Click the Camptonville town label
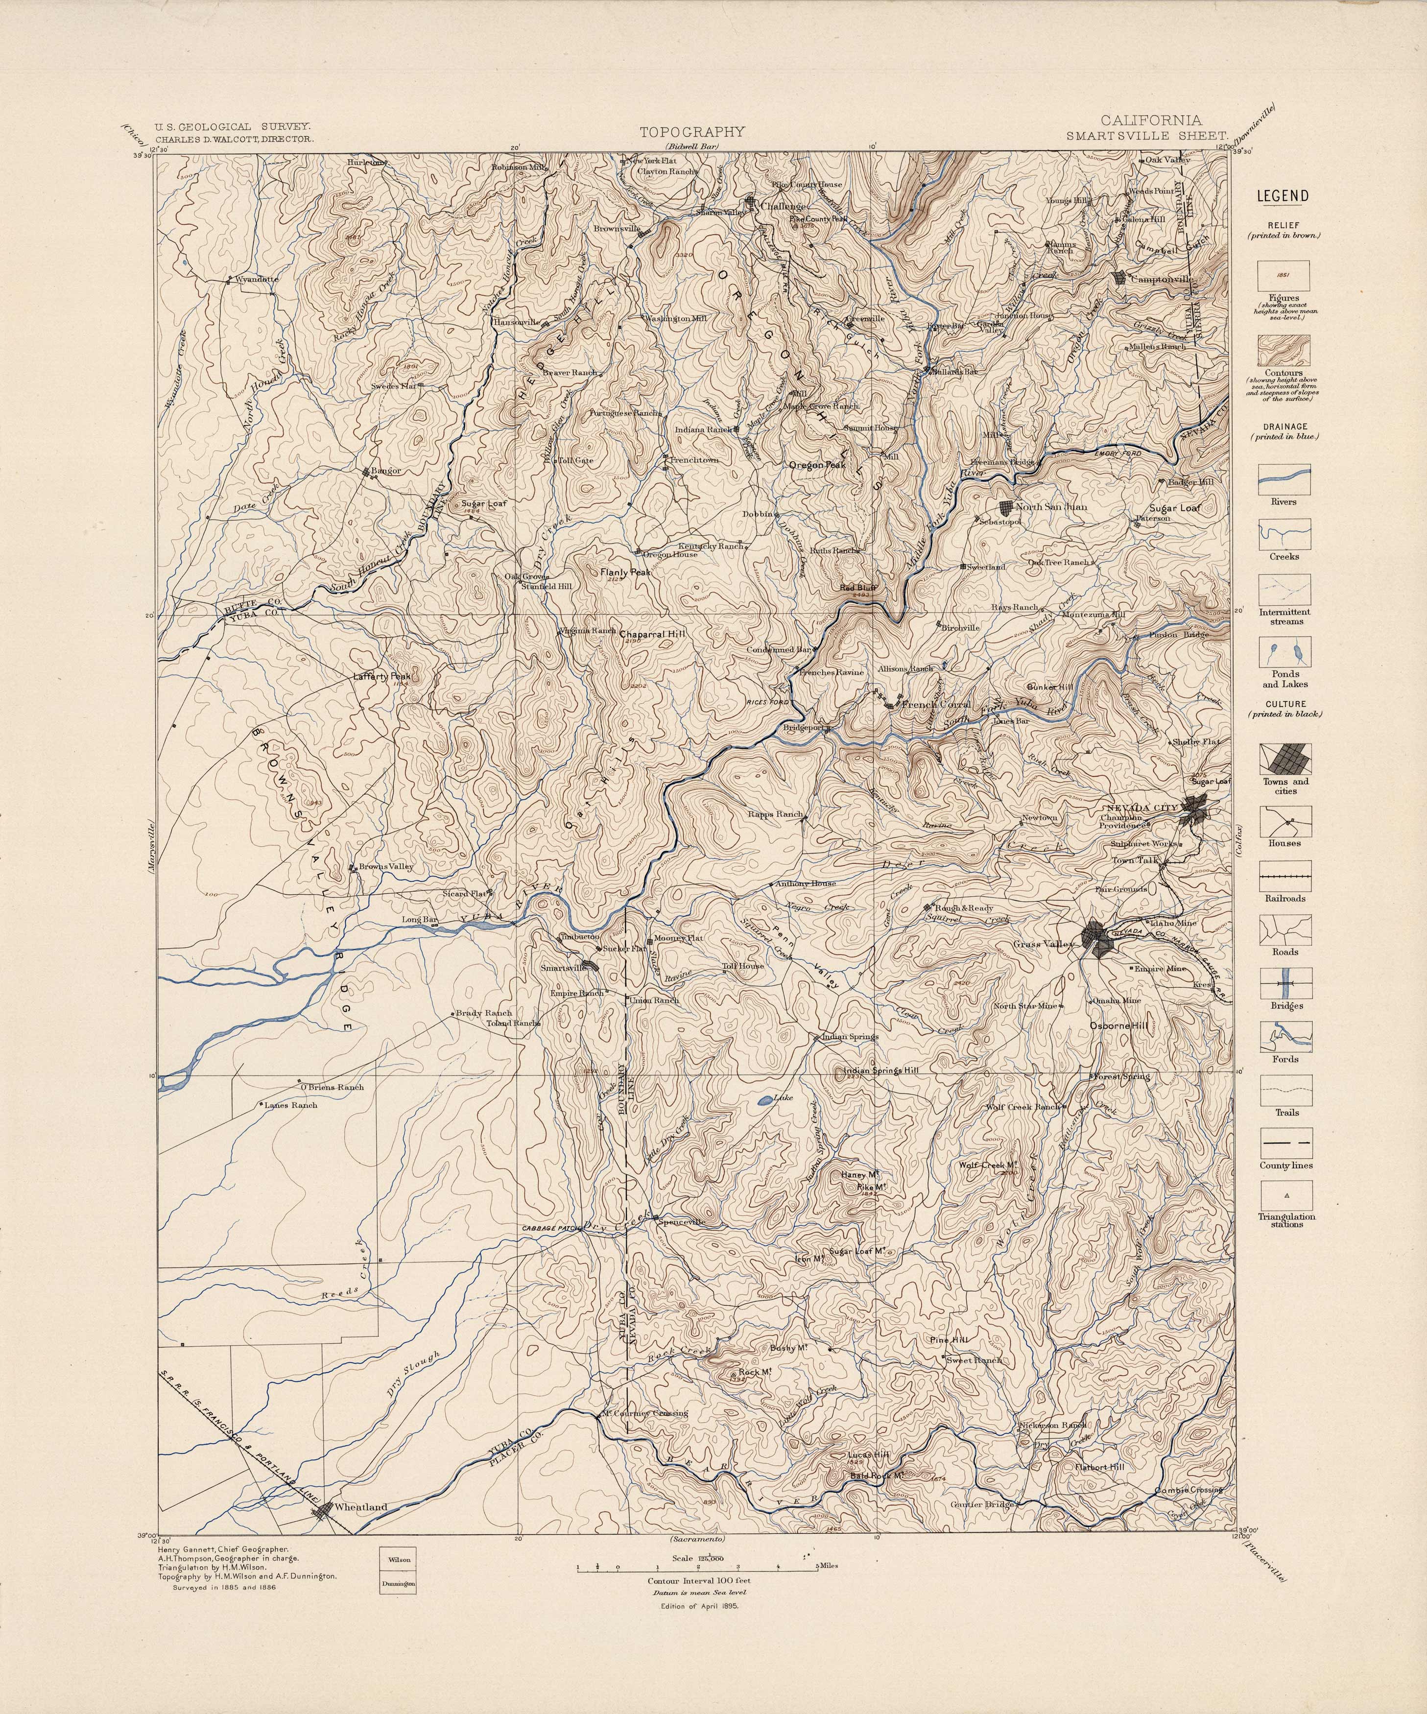tap(1161, 279)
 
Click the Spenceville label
tap(680, 1222)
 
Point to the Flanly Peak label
tap(625, 573)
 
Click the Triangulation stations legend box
tap(1285, 1196)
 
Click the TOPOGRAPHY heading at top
tap(691, 131)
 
